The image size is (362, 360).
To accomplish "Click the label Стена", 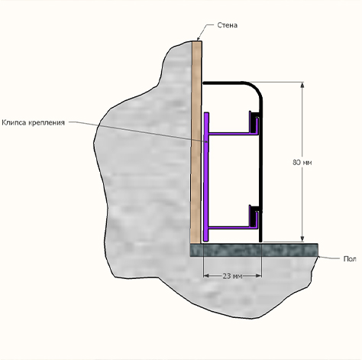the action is coord(228,25).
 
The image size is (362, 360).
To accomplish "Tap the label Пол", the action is coord(350,259).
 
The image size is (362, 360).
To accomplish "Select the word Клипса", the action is coord(14,122).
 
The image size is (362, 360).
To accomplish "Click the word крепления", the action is coord(47,123).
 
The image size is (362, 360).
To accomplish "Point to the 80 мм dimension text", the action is coord(302,162).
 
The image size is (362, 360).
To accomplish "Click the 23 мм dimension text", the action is coord(232,276).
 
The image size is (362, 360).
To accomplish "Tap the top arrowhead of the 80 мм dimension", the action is coord(302,85).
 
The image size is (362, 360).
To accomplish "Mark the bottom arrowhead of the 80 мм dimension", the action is coord(302,239).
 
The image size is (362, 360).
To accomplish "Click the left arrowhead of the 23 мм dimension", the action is coord(206,276).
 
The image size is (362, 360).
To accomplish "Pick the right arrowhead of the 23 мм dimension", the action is coord(259,276).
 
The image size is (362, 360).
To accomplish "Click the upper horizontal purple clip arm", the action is coord(229,133).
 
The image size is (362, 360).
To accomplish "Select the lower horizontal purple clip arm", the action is coord(229,227).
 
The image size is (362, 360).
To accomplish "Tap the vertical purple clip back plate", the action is coord(206,177).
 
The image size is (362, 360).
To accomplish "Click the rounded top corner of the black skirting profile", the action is coord(256,88).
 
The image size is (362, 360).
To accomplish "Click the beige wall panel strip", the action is coord(197,142).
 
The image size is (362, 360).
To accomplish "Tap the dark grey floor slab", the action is coord(254,250).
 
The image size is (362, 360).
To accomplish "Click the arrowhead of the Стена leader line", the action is coord(199,38).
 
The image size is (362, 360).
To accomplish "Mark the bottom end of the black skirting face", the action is coord(260,241).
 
